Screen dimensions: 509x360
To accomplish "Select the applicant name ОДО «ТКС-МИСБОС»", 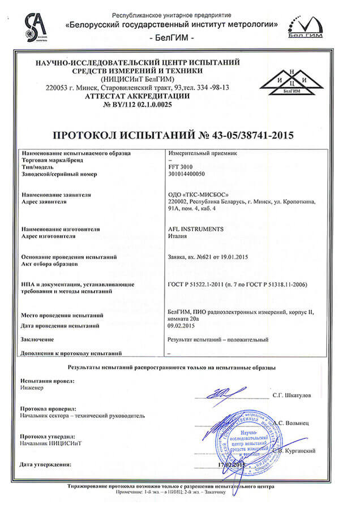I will point(195,194).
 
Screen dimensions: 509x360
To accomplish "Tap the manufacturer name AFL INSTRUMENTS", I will point(196,229).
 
